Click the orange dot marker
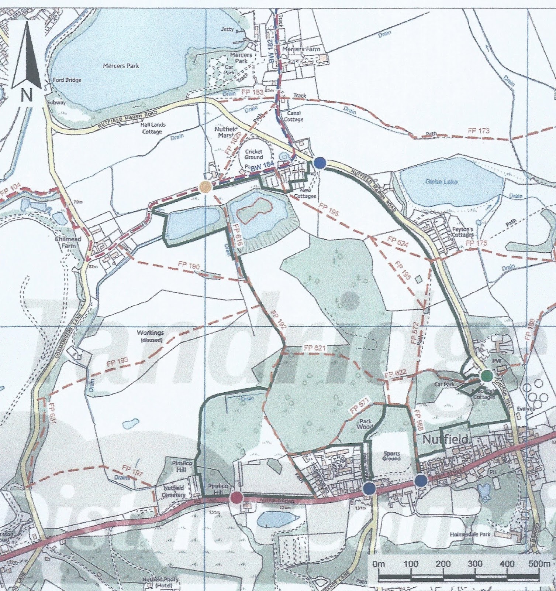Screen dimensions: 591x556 [205, 187]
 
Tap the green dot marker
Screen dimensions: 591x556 [487, 376]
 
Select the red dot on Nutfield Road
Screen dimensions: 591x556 [236, 498]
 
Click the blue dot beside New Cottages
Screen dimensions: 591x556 [320, 163]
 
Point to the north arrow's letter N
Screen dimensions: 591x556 [26, 95]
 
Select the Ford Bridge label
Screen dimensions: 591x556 [67, 80]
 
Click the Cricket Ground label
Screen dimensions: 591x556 [254, 154]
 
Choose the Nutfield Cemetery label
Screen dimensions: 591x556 [173, 491]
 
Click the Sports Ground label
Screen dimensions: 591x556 [391, 456]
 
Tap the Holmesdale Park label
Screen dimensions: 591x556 [466, 534]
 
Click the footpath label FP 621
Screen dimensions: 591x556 [314, 348]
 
